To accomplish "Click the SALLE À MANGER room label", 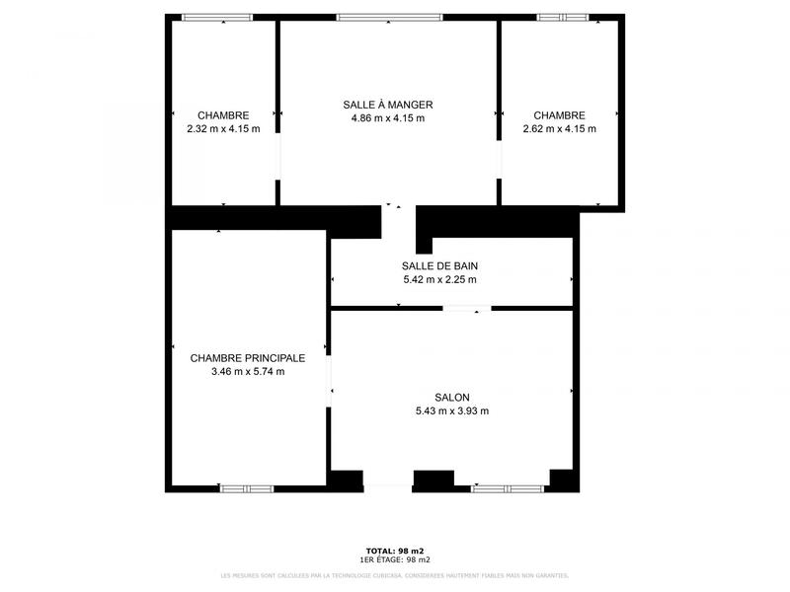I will [x=388, y=105].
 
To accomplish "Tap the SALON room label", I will [x=451, y=398].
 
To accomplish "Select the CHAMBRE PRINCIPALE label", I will [x=248, y=358].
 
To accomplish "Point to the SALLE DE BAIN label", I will [x=440, y=265].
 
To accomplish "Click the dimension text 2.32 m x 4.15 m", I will [x=223, y=128].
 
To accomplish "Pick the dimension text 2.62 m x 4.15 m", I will [x=559, y=128].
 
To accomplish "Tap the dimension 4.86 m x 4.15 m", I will [x=388, y=118].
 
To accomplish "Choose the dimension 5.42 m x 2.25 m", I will [x=440, y=279].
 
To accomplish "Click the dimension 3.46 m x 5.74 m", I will [x=248, y=372].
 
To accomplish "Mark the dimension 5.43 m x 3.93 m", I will [x=452, y=411].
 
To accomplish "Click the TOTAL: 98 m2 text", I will [x=395, y=551].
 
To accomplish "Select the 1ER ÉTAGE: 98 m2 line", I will [x=395, y=559].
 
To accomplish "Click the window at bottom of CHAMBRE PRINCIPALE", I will [x=246, y=487].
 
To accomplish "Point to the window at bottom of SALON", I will [x=508, y=487].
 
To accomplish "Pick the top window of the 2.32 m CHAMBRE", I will [x=217, y=17].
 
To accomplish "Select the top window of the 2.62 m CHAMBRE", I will [x=563, y=17].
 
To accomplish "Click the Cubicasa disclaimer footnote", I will [x=395, y=575].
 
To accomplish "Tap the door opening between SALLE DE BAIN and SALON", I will [x=466, y=310].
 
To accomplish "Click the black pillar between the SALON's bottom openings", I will [x=433, y=481].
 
